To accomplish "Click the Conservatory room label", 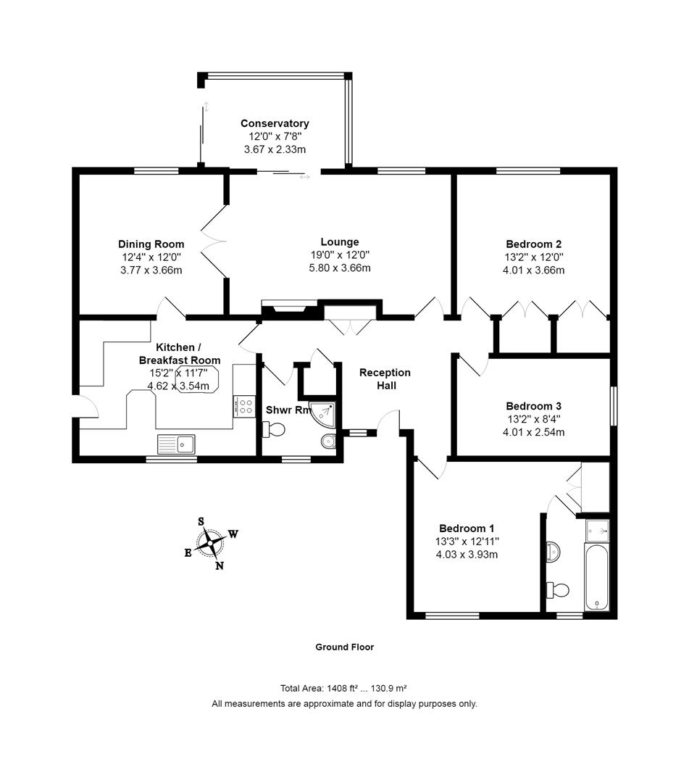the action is [x=275, y=123].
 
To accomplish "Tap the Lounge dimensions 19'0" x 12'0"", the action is [x=340, y=254].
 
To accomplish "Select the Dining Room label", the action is [x=151, y=244].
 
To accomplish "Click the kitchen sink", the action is [x=176, y=444].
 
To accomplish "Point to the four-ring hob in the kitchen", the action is [x=244, y=406].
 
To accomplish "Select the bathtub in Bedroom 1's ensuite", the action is [x=597, y=577].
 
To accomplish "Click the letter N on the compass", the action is [x=219, y=565].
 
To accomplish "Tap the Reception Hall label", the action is [x=385, y=379].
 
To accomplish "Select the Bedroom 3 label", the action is [x=533, y=406].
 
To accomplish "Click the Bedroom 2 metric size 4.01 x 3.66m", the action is [x=533, y=270].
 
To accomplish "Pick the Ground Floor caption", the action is [x=345, y=647].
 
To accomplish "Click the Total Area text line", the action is [x=343, y=688].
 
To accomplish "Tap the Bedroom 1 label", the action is [x=467, y=529].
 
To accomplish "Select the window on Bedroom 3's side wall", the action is [x=614, y=405].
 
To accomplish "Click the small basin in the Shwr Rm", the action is [x=329, y=442].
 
